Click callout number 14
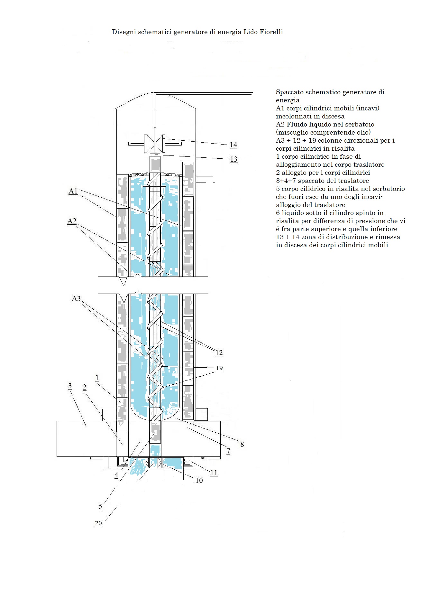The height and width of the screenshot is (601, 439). tap(233, 145)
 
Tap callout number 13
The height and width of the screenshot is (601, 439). tap(234, 159)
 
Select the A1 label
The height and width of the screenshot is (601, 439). tap(73, 191)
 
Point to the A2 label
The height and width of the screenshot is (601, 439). tap(72, 221)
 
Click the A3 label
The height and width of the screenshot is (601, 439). tap(76, 299)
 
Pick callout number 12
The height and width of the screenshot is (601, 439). tap(219, 353)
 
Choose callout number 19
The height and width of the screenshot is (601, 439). tap(219, 368)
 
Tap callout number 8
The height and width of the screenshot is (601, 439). tap(242, 445)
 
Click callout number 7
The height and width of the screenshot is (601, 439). tap(228, 451)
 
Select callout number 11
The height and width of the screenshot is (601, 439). tap(214, 473)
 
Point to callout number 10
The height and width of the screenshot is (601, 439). tap(199, 481)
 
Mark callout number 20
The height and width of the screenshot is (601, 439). tap(98, 523)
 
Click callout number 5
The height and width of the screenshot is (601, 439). tap(101, 507)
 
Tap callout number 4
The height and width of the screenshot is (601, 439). tap(116, 475)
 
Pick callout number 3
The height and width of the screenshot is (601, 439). tap(70, 386)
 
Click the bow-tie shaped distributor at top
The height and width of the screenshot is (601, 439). tap(155, 144)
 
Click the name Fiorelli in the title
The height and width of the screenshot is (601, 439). tap(271, 32)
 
